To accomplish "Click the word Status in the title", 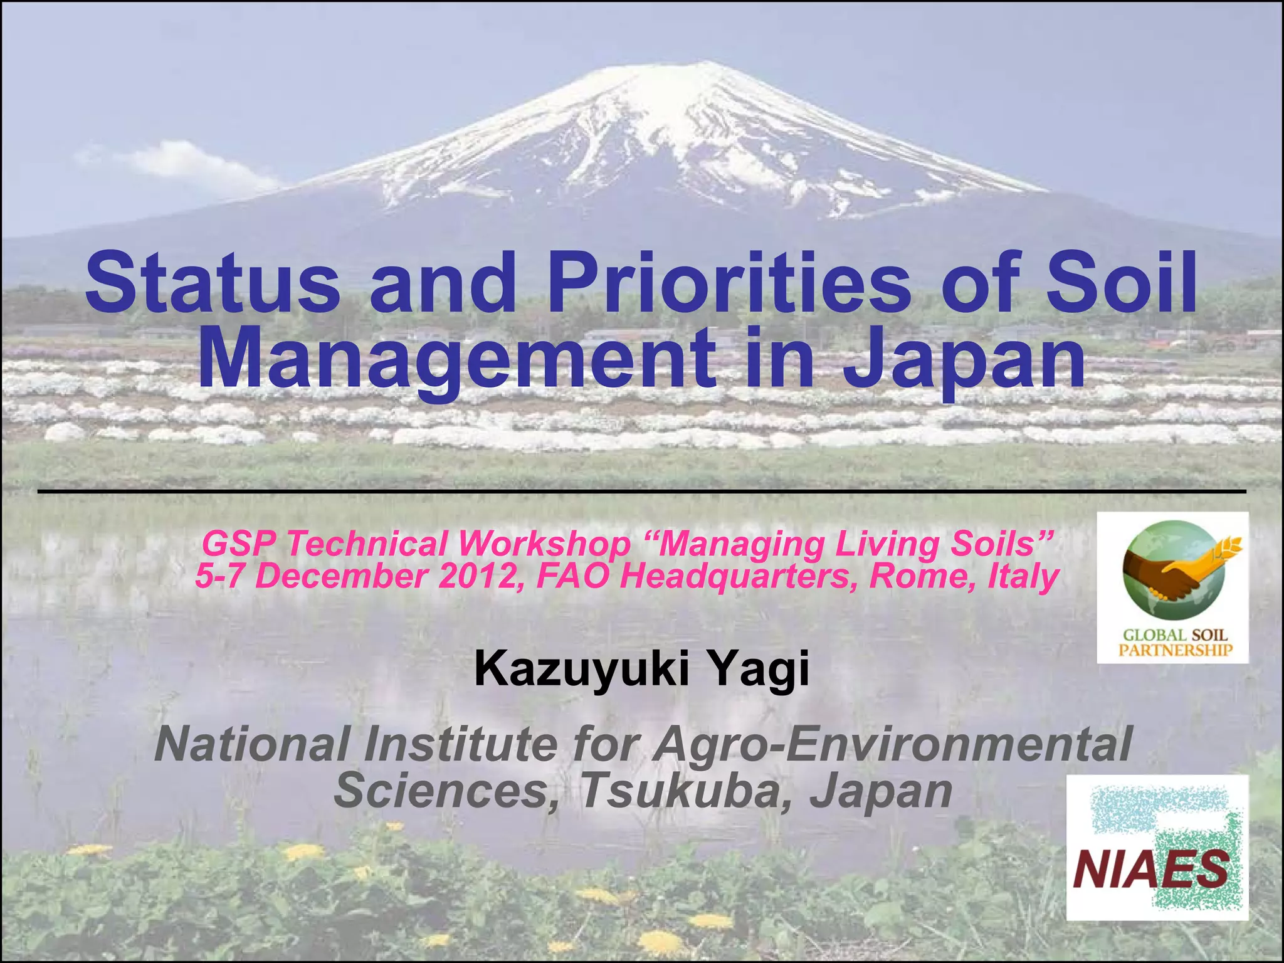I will pos(213,283).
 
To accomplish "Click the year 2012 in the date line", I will pos(476,576).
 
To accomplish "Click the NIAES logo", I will pos(1157,847).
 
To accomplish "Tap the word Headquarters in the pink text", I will pos(734,576).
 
